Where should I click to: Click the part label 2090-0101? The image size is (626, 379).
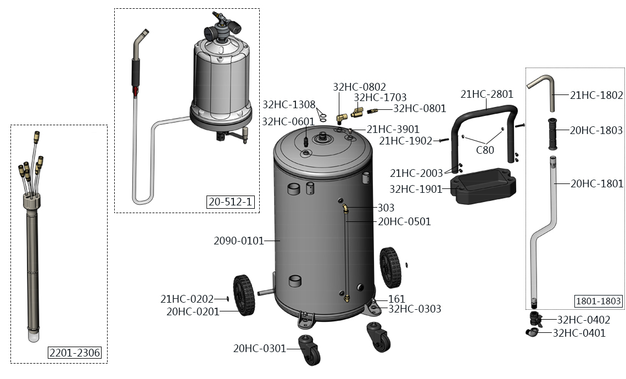[238, 241]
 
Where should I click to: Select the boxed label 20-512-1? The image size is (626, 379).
[231, 202]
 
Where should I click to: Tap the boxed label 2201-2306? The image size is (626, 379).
[75, 353]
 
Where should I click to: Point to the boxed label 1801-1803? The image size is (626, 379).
[599, 301]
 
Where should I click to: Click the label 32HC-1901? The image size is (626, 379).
[416, 189]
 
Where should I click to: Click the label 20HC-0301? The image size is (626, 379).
[260, 348]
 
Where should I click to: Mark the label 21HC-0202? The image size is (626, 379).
[186, 299]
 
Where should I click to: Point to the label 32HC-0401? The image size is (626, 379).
[579, 333]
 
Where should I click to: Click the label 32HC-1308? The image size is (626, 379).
[289, 104]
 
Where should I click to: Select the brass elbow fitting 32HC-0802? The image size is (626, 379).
[342, 117]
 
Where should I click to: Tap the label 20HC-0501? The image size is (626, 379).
[404, 222]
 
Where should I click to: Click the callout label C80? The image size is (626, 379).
[484, 149]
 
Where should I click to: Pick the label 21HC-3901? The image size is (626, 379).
[393, 130]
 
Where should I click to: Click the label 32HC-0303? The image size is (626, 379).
[415, 309]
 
